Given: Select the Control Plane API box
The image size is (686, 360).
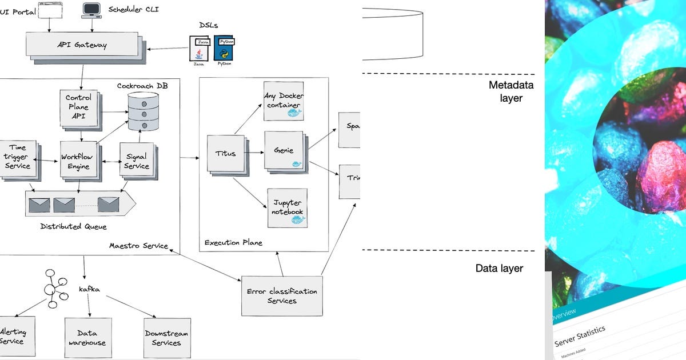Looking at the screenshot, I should tap(78, 107).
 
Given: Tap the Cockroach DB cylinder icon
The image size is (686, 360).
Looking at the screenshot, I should tap(143, 111).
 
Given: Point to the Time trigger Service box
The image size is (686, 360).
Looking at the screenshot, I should tap(17, 157).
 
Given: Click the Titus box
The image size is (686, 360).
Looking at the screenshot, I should tap(225, 153).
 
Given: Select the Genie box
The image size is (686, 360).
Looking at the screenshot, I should tap(284, 150).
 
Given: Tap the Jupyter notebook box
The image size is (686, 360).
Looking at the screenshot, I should tap(287, 208).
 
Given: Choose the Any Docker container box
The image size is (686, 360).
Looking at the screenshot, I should tap(284, 101).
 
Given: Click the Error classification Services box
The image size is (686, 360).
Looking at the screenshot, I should tap(282, 295).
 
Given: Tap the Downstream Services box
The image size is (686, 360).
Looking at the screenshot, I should tap(166, 338).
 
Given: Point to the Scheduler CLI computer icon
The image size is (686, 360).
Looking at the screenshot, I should tap(91, 10).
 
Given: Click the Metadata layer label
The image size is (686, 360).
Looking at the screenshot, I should tap(510, 91).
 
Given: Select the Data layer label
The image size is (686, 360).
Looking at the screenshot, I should tap(498, 268).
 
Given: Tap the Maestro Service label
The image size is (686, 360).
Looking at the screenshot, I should tap(139, 246).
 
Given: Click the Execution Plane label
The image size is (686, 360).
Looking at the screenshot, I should tap(233, 243).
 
